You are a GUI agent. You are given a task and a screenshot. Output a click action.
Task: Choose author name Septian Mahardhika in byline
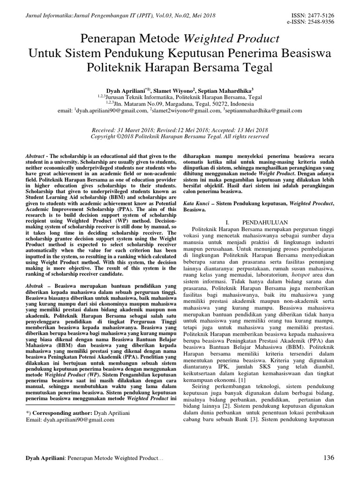(x=229, y=90)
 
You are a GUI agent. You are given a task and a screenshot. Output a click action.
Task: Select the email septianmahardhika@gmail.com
(x=264, y=111)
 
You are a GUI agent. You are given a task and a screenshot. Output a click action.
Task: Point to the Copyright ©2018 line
(x=180, y=136)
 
